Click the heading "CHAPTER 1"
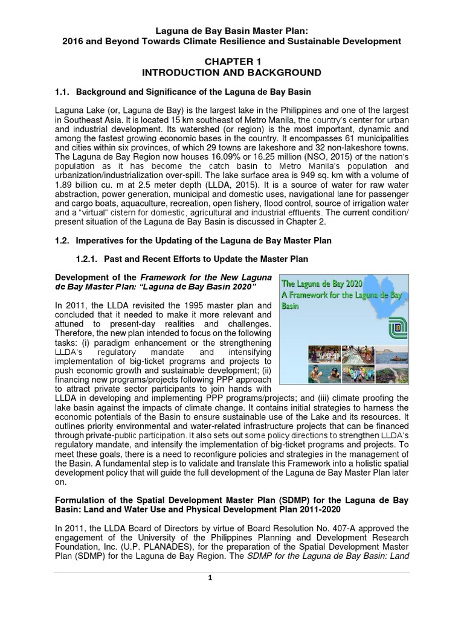(x=232, y=62)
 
